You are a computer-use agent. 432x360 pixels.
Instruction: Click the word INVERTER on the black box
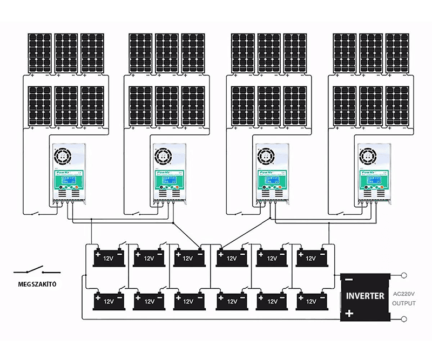point(365,296)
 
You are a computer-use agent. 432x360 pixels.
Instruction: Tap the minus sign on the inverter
point(349,280)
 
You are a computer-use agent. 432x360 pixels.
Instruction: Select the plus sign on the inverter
point(349,313)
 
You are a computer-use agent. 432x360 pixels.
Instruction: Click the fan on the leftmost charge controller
point(62,157)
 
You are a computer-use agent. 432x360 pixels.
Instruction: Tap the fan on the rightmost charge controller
point(368,157)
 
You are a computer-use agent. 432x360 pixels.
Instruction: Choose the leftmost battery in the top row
point(111,257)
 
